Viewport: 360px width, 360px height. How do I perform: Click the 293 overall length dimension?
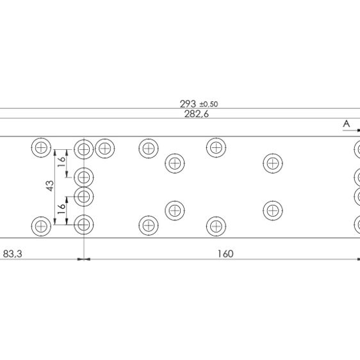coord(188,104)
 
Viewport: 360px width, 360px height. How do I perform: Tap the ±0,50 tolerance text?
coord(209,104)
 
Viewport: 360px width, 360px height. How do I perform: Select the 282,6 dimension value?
coord(197,114)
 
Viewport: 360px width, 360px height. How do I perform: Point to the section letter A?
coord(346,124)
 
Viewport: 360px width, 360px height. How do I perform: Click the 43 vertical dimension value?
coord(50,186)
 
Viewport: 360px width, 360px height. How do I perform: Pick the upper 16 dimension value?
coord(61,161)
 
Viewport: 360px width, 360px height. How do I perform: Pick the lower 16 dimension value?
coord(61,209)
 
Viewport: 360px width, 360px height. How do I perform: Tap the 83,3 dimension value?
coord(13,254)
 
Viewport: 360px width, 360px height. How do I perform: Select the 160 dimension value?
coord(225,254)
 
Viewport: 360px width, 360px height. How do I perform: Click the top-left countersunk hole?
coord(41,147)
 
